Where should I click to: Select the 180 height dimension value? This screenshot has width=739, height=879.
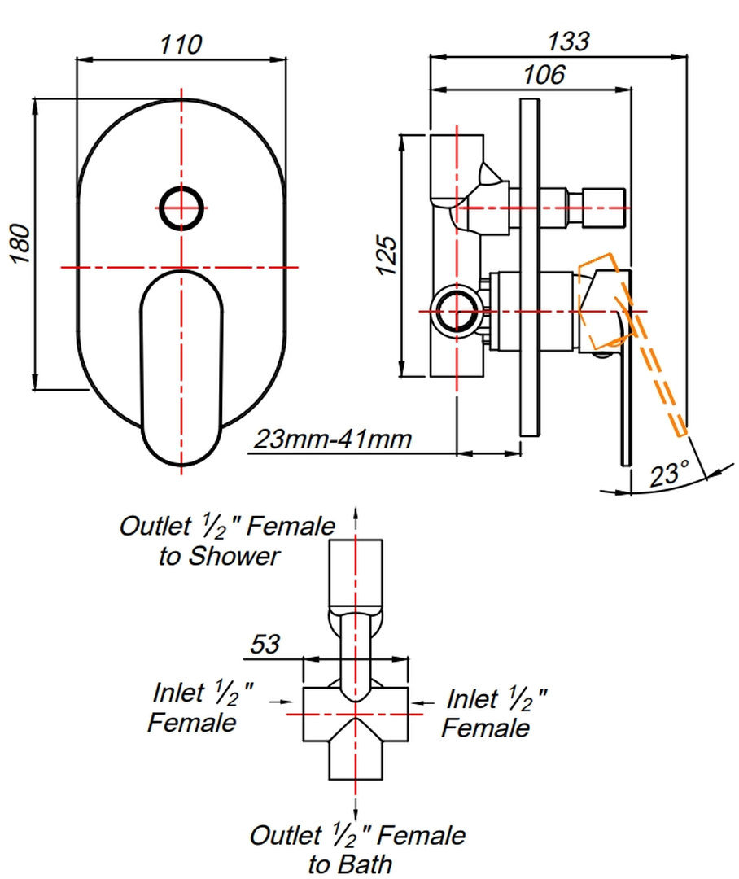pyautogui.click(x=21, y=243)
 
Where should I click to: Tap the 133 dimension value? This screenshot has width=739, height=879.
pyautogui.click(x=567, y=41)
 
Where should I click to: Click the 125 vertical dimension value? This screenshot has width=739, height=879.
pyautogui.click(x=388, y=256)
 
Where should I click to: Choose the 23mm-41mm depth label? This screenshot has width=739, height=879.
pyautogui.click(x=333, y=439)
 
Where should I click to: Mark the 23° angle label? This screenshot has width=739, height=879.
pyautogui.click(x=669, y=474)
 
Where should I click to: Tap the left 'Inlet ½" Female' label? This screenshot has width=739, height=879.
pyautogui.click(x=201, y=706)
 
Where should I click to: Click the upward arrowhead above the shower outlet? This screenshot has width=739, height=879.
pyautogui.click(x=356, y=513)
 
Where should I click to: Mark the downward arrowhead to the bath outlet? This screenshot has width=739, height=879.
pyautogui.click(x=356, y=815)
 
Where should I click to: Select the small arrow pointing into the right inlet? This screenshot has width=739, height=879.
pyautogui.click(x=420, y=700)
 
